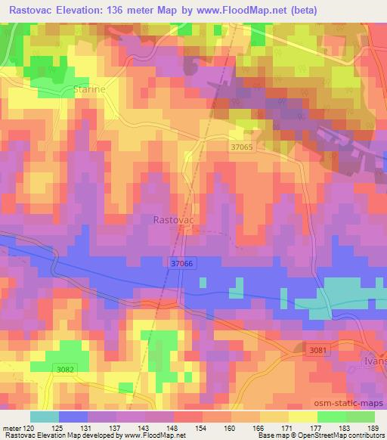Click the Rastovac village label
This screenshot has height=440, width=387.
174,220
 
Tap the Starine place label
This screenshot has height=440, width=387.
90,89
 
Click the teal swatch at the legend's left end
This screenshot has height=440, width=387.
45,416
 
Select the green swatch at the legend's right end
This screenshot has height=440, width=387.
360,416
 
